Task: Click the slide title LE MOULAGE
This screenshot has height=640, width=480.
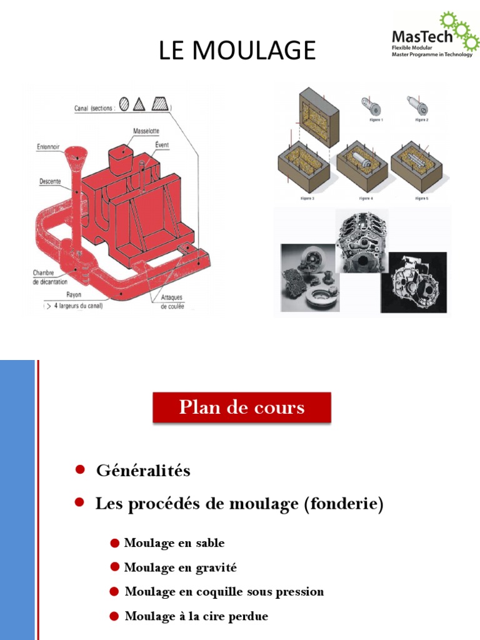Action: tap(237, 51)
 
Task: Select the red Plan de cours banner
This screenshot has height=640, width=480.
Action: tap(242, 407)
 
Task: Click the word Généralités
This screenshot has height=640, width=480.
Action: tap(143, 471)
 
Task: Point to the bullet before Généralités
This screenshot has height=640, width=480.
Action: tap(80, 470)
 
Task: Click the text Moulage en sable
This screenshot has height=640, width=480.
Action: tap(174, 542)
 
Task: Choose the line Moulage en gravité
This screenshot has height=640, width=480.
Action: tap(181, 567)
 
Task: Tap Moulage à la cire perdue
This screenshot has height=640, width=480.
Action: tap(196, 616)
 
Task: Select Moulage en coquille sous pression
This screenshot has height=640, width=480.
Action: tap(224, 591)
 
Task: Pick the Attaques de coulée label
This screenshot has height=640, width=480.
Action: tap(172, 302)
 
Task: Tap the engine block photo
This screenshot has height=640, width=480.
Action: tap(362, 241)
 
